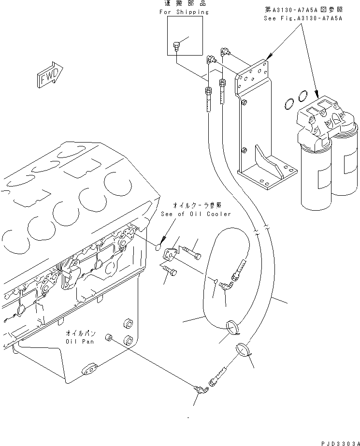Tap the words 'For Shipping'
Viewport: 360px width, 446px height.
click(184, 12)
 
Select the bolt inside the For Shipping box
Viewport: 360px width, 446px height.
click(176, 47)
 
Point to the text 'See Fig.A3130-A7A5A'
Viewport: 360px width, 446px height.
click(302, 18)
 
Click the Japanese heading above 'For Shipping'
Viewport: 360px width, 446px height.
click(184, 4)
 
